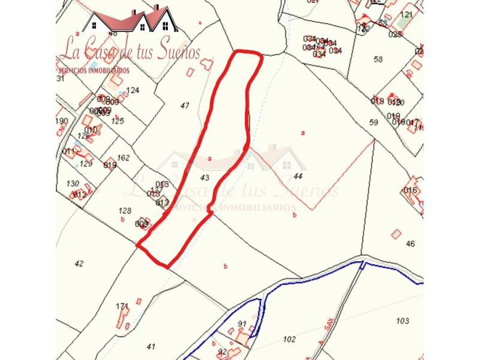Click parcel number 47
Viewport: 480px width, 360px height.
[185, 106]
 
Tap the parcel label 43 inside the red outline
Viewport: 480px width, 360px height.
[205, 178]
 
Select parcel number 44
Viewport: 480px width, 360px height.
[298, 176]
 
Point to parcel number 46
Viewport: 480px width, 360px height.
[410, 244]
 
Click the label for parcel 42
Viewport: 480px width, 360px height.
[79, 263]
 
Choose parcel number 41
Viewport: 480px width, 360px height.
[151, 346]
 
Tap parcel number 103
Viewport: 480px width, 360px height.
[403, 321]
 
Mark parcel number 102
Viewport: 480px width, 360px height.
[289, 340]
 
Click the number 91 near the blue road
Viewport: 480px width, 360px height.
[242, 325]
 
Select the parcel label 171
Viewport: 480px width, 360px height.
[122, 306]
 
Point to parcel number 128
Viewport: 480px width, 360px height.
[125, 211]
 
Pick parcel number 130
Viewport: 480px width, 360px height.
[73, 184]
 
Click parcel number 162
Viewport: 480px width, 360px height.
[123, 158]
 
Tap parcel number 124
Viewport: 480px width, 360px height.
[133, 91]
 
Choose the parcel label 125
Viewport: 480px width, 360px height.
[118, 121]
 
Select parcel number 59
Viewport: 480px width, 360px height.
[374, 122]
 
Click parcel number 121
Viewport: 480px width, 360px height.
[407, 14]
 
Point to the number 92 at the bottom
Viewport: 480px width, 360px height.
[223, 352]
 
